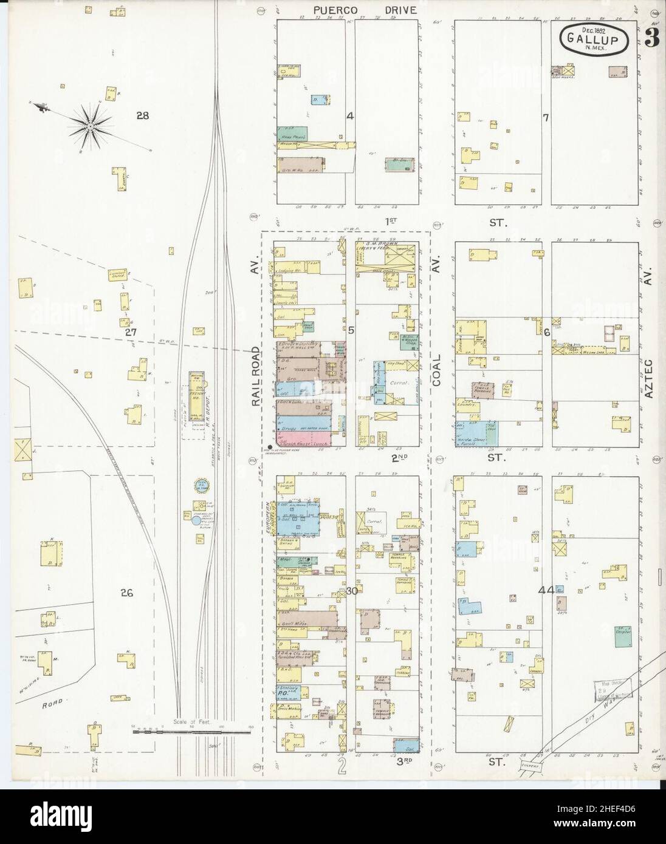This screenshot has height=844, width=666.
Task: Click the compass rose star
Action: tap(90, 126)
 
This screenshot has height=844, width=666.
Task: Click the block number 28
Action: tap(143, 115)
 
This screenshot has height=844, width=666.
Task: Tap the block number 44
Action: tap(546, 590)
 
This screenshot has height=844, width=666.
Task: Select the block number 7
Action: tap(546, 117)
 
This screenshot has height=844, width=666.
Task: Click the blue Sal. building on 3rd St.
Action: tap(406, 744)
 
